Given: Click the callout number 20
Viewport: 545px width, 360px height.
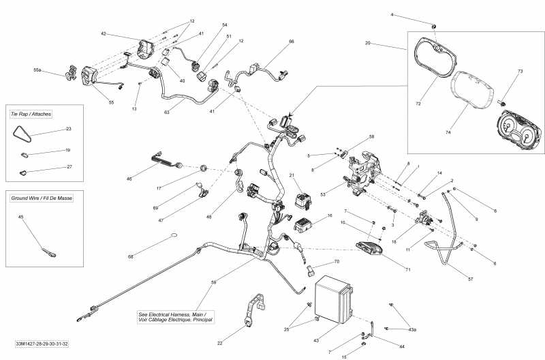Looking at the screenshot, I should [x=368, y=43].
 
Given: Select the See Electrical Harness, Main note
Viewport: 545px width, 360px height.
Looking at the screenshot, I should [x=176, y=316].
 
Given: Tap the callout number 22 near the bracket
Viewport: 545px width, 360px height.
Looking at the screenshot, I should [x=219, y=343].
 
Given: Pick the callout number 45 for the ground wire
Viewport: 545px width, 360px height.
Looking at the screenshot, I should [x=20, y=217].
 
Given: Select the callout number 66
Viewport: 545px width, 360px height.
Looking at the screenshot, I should [x=292, y=42].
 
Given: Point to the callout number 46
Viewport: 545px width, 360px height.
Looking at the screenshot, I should [x=129, y=179].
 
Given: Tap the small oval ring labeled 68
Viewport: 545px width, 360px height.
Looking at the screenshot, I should [x=173, y=237].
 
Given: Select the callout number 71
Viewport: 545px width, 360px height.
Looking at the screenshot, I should [x=407, y=271].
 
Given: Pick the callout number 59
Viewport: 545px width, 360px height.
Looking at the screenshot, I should [x=213, y=282].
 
